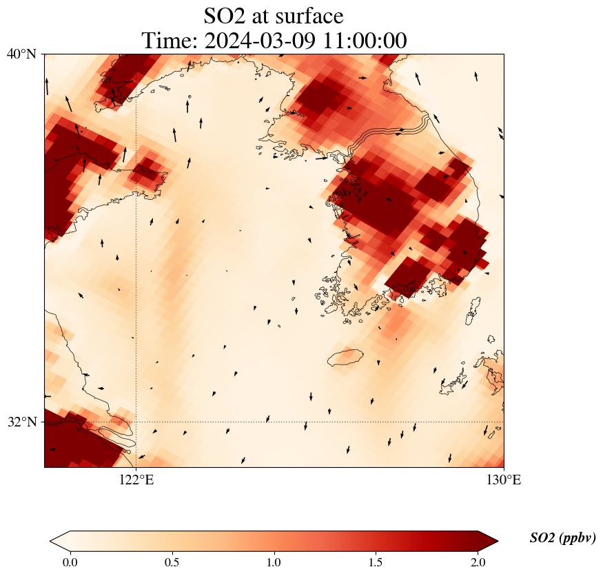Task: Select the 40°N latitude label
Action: click(x=22, y=54)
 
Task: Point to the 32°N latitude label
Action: click(x=22, y=422)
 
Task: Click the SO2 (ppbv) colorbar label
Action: click(x=562, y=538)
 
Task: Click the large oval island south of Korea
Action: click(x=345, y=358)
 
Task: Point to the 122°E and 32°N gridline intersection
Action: click(x=136, y=422)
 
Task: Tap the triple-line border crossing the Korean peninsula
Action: click(x=393, y=133)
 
